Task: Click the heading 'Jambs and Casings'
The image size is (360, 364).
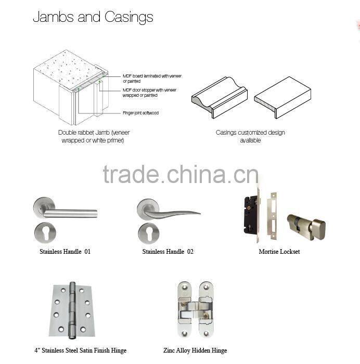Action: point(93,17)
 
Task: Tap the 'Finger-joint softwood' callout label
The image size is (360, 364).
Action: point(140,113)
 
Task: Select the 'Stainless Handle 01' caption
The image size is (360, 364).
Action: point(65,252)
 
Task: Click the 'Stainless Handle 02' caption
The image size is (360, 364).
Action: point(168,252)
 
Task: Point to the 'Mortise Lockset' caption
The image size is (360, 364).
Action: point(279,252)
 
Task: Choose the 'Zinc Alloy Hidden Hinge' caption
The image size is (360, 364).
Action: point(195,350)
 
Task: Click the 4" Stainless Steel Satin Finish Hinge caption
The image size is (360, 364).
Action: point(80,350)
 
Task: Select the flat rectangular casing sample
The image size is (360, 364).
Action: point(282,97)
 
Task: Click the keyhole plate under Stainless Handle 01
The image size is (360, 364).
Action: point(45,232)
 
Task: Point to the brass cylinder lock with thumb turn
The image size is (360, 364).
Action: point(306,227)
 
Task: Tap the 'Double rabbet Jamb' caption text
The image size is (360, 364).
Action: point(93,136)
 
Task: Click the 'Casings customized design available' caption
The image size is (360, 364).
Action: point(250,136)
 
